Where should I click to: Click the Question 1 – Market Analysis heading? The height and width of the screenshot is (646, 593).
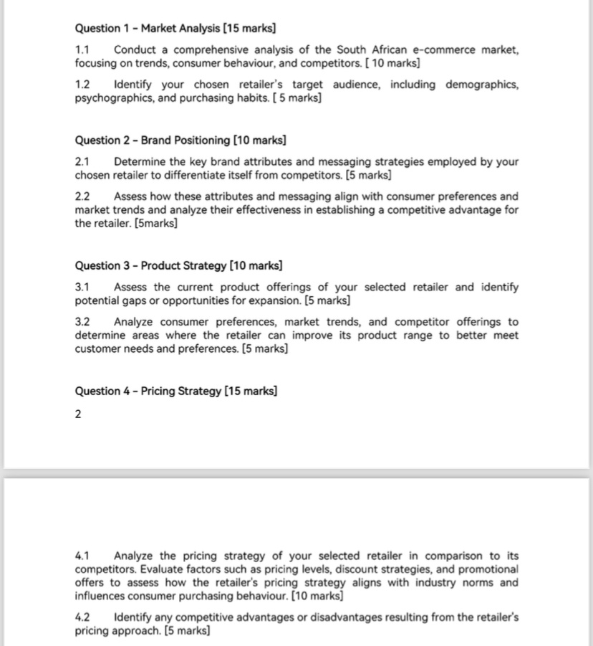point(175,29)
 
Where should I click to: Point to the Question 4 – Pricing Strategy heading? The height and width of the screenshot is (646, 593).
point(176,391)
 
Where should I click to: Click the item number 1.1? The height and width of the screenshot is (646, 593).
point(82,50)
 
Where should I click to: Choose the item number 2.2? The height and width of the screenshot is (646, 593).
point(83,196)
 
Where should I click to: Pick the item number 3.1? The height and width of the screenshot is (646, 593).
point(82,288)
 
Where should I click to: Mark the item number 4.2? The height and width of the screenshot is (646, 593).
point(82,617)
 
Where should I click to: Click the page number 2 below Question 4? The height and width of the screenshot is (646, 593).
point(78,414)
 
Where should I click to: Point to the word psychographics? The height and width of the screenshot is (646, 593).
point(112,98)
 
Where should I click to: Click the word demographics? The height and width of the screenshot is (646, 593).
point(482,85)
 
